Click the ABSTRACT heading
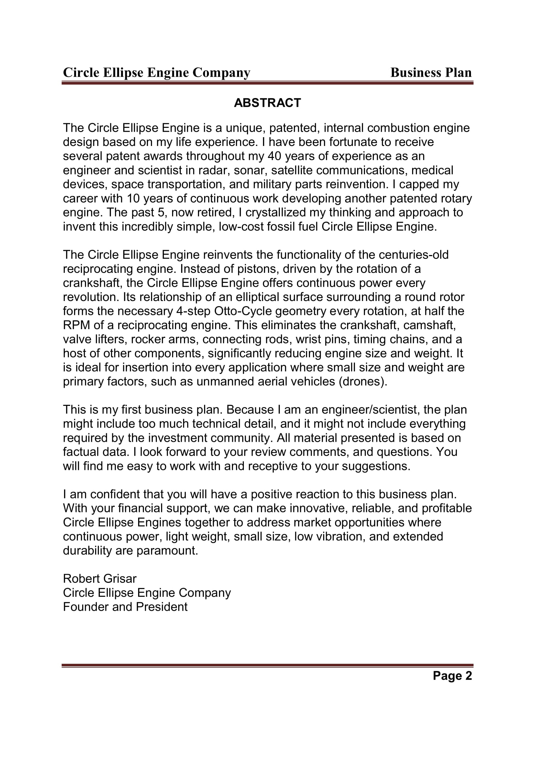point(267,103)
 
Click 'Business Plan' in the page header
point(431,72)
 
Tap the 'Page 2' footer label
point(452,675)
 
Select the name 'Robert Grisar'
point(100,578)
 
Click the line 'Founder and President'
point(125,607)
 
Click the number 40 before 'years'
point(274,156)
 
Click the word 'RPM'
point(76,325)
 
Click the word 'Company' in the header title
point(221,72)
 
